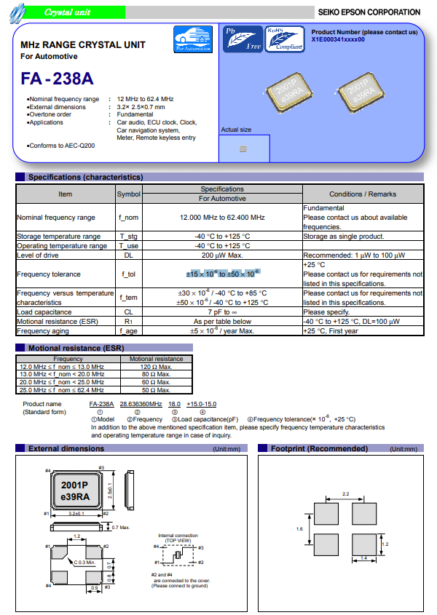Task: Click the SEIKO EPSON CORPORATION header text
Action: (x=369, y=12)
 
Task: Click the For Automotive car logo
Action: (x=193, y=39)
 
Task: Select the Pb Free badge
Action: (x=243, y=39)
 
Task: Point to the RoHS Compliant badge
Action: (x=285, y=39)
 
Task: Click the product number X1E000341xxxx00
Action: (x=338, y=40)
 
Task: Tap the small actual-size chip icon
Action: (x=243, y=148)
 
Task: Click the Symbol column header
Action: (x=129, y=194)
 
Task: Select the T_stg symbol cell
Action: (x=129, y=237)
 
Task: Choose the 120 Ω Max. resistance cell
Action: (x=156, y=367)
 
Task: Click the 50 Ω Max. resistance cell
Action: (x=156, y=389)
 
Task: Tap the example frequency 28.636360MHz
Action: (x=141, y=403)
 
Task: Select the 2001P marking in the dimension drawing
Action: (x=74, y=485)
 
